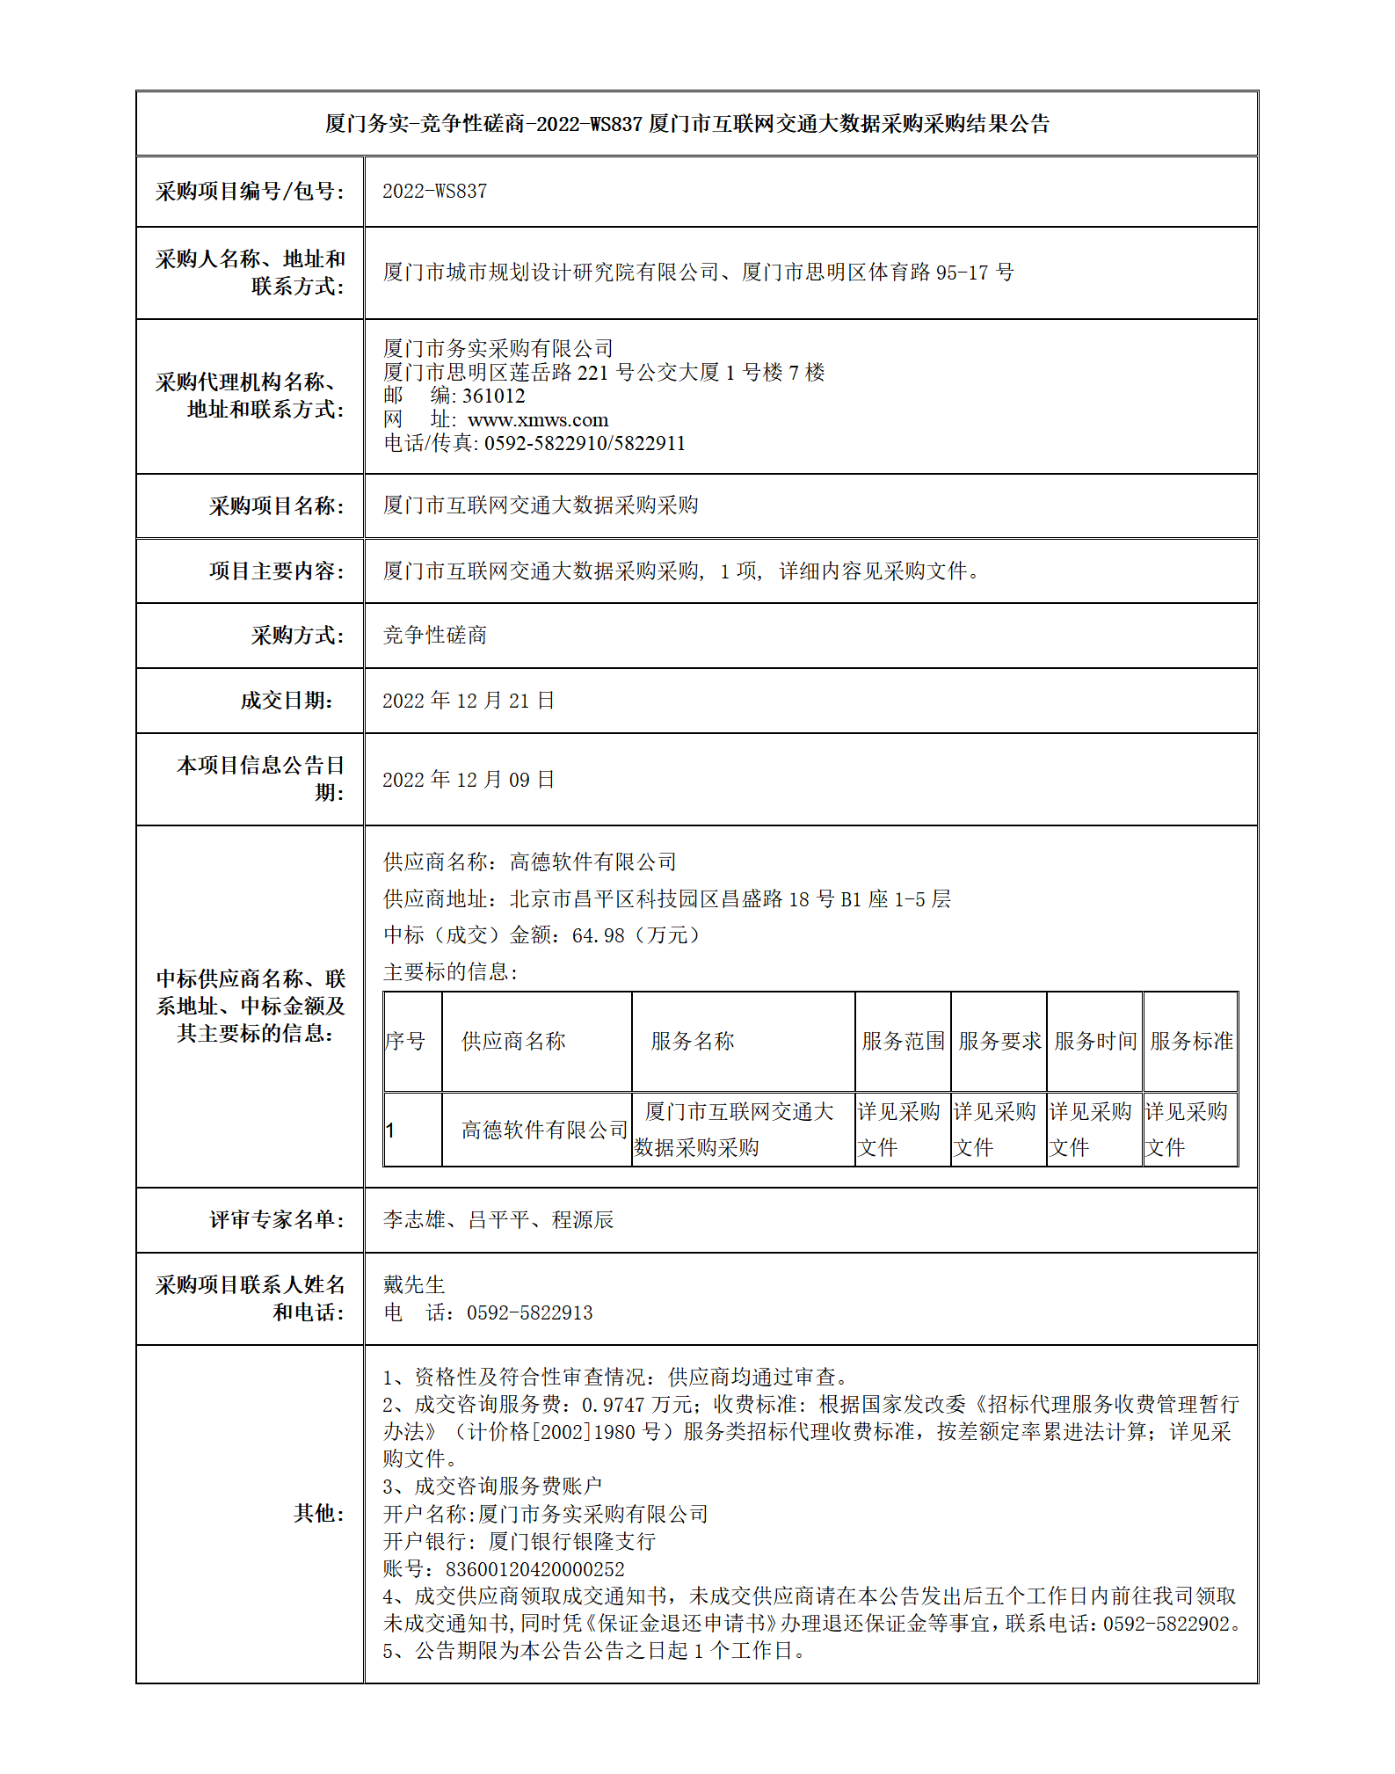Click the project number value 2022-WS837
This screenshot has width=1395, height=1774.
(x=434, y=192)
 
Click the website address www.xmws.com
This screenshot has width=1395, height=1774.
(x=537, y=420)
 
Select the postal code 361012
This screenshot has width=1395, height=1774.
(x=493, y=396)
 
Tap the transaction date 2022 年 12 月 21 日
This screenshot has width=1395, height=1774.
(x=469, y=701)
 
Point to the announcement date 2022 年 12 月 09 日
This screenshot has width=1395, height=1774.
(x=469, y=780)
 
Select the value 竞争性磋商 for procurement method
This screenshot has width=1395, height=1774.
(x=435, y=636)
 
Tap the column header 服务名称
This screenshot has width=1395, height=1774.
(x=693, y=1042)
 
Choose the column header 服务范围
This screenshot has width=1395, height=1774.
(x=903, y=1042)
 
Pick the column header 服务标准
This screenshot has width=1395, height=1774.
(x=1191, y=1042)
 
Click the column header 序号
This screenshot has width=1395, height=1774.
(x=405, y=1042)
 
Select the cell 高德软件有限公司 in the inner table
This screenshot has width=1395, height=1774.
(x=544, y=1131)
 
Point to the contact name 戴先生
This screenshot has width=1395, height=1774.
(x=414, y=1285)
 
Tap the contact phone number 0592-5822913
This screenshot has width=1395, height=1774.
(x=529, y=1313)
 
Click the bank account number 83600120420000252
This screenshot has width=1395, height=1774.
(x=534, y=1569)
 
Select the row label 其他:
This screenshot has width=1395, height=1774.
(x=318, y=1513)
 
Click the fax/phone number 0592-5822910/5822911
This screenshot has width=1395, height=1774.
(x=585, y=444)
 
